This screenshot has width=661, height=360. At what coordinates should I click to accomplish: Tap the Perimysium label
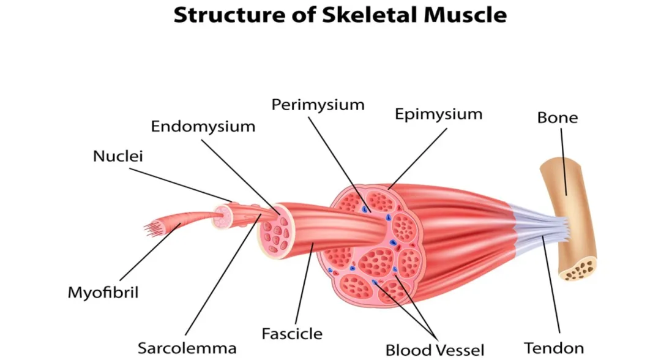click(x=318, y=105)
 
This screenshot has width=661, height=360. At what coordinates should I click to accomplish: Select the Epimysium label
click(x=438, y=114)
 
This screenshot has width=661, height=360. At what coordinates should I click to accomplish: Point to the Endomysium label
click(x=203, y=127)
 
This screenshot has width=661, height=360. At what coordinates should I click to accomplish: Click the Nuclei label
click(x=118, y=156)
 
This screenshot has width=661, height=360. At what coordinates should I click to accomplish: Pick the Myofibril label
click(x=103, y=293)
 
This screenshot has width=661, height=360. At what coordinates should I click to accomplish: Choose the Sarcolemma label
click(x=187, y=348)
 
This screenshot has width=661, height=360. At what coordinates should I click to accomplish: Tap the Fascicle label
click(x=292, y=334)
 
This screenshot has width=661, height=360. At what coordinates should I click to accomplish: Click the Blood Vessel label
click(x=435, y=350)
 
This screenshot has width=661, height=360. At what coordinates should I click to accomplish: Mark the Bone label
click(x=557, y=117)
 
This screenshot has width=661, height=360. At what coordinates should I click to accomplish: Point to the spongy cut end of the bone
click(x=580, y=268)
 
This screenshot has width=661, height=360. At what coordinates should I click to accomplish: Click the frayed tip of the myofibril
click(x=151, y=228)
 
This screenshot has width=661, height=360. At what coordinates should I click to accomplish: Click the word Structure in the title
click(x=230, y=15)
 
